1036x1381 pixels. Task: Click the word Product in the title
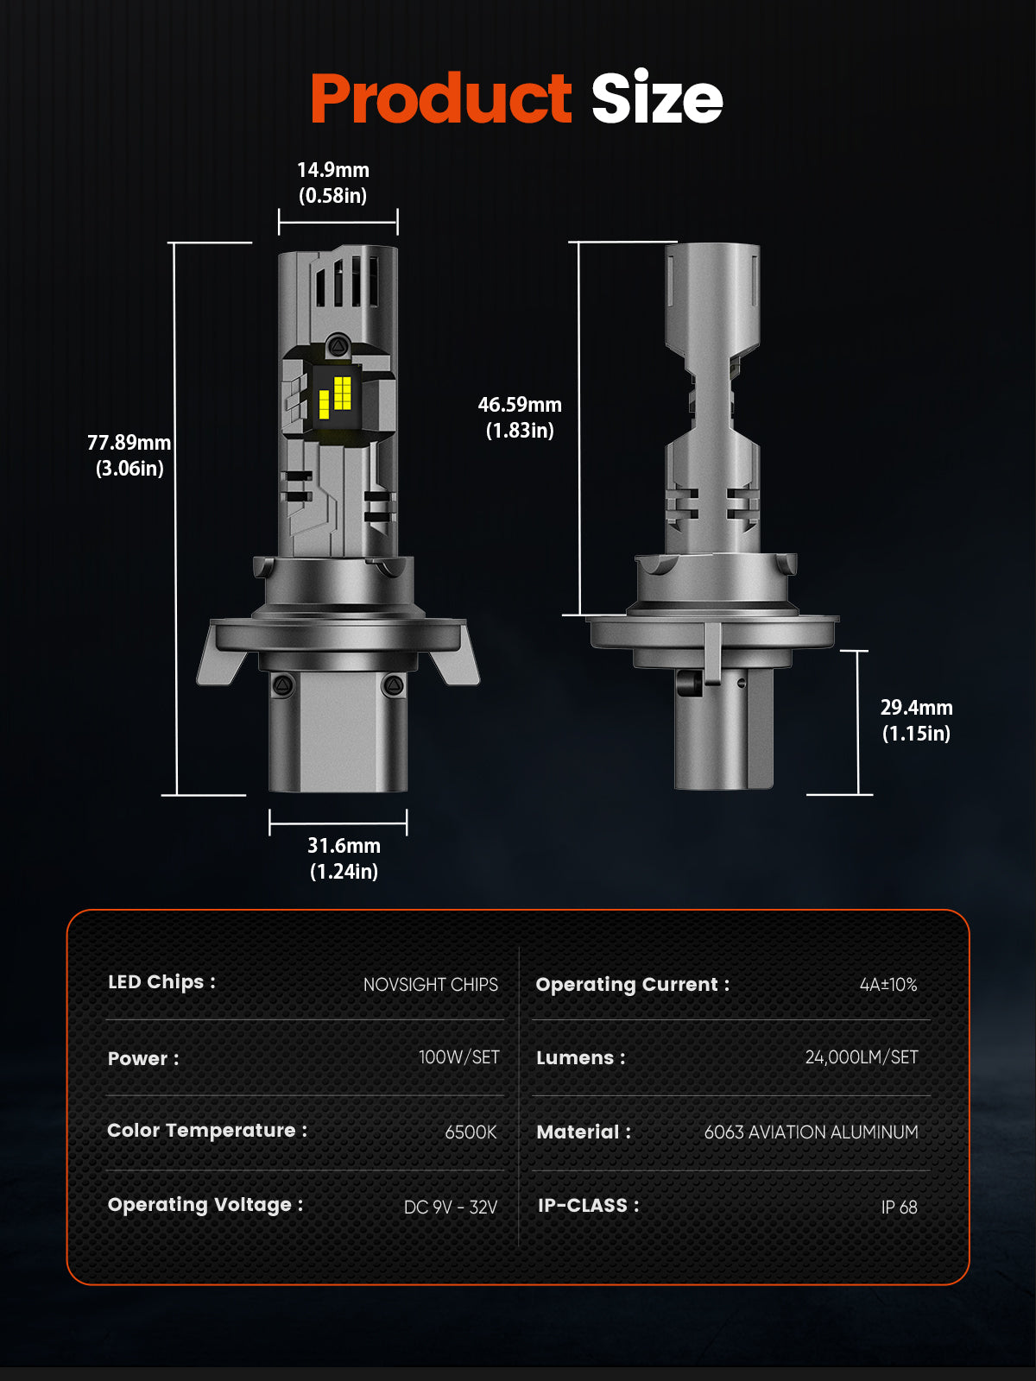pyautogui.click(x=440, y=99)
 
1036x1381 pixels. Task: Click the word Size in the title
pyautogui.click(x=656, y=99)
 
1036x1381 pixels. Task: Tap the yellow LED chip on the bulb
pyautogui.click(x=335, y=398)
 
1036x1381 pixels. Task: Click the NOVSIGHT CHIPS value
pyautogui.click(x=430, y=985)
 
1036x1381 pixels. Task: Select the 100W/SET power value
pyautogui.click(x=458, y=1057)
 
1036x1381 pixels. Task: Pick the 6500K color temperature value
pyautogui.click(x=471, y=1132)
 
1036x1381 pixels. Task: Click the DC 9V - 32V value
pyautogui.click(x=451, y=1207)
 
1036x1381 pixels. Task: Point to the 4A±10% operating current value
pyautogui.click(x=888, y=985)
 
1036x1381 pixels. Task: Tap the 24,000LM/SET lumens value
pyautogui.click(x=861, y=1057)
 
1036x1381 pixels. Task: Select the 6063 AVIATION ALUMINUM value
pyautogui.click(x=811, y=1132)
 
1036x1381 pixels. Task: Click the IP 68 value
pyautogui.click(x=899, y=1207)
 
